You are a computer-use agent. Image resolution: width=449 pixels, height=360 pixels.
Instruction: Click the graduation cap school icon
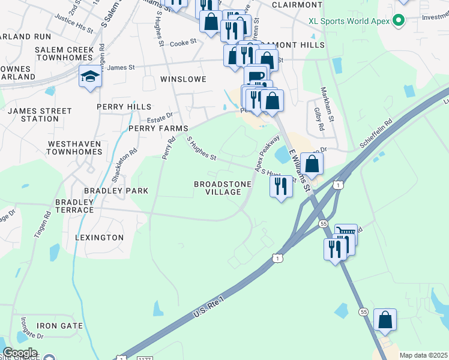coord(90,77)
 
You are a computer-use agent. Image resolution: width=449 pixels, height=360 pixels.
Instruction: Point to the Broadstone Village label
coord(217,188)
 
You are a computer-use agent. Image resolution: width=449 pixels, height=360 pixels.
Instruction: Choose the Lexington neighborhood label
coord(99,238)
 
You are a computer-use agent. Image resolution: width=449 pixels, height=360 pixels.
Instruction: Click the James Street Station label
coord(40,115)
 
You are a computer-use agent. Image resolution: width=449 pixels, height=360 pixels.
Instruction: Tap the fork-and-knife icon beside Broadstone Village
coord(281,187)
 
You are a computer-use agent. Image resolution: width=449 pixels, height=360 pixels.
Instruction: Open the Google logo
coord(20,353)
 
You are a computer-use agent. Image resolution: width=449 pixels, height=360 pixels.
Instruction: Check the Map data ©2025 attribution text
coord(423,355)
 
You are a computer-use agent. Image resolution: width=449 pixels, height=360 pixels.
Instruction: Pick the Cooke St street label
coord(183,43)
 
